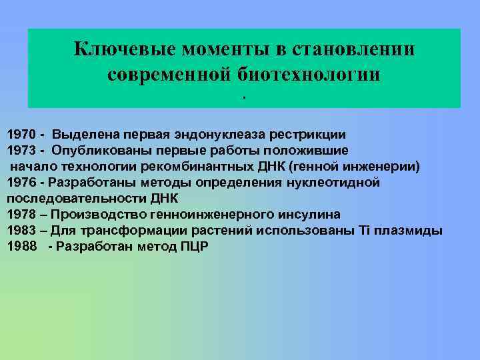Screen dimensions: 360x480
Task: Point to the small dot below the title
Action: (x=244, y=98)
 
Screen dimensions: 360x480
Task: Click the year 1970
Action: (x=22, y=133)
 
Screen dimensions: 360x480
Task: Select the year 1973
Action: (x=22, y=149)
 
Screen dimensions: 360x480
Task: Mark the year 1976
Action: (x=22, y=182)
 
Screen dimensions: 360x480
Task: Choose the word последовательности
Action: (x=69, y=198)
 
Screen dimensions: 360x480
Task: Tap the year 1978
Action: (x=22, y=215)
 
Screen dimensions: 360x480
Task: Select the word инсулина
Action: (x=309, y=215)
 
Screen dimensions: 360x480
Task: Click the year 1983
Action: (x=22, y=231)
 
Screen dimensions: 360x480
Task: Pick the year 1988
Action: (x=22, y=247)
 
